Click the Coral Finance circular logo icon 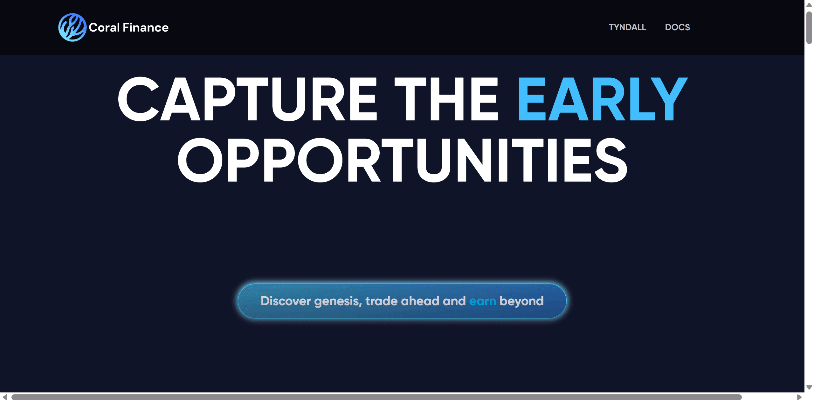72,27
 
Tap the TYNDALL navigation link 627,27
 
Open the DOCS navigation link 677,27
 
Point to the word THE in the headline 446,99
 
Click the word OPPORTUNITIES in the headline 403,160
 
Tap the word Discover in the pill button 286,301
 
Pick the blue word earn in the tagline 482,301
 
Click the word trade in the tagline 382,301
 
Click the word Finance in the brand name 146,28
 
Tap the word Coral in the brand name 104,28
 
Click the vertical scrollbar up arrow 809,5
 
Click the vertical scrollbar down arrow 809,387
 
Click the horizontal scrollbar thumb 376,397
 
